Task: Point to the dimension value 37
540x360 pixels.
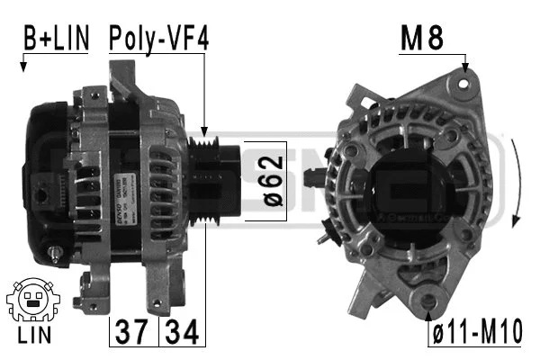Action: (133, 333)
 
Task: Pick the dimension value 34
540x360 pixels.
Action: (183, 333)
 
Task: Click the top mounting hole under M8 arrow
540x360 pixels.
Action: (463, 83)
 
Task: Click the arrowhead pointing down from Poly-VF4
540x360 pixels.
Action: (205, 132)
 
